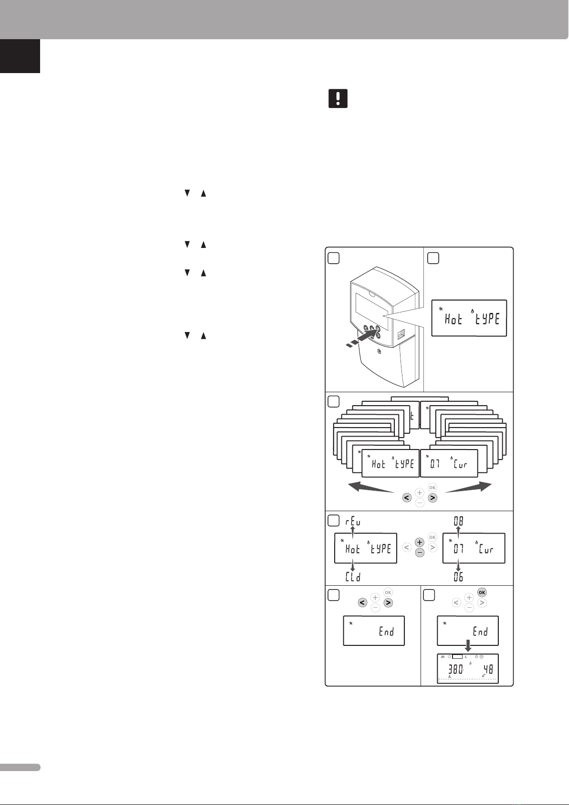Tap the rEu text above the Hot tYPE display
pyautogui.click(x=353, y=522)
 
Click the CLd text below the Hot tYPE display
pyautogui.click(x=353, y=578)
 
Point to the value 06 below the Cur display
pyautogui.click(x=458, y=578)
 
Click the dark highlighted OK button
pyautogui.click(x=482, y=592)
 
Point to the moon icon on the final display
pyautogui.click(x=465, y=657)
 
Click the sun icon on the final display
pyautogui.click(x=449, y=657)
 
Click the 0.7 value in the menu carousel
pyautogui.click(x=435, y=464)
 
